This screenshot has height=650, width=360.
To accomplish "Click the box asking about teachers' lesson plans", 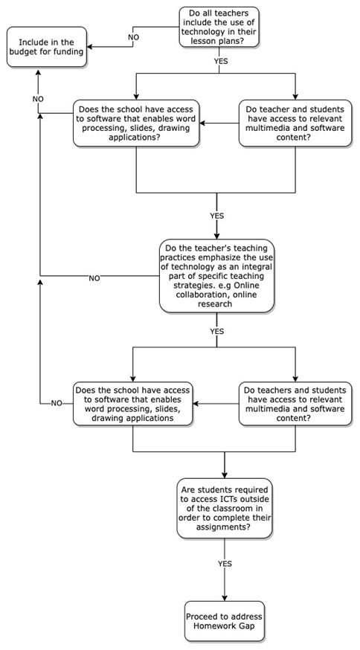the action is (x=219, y=27).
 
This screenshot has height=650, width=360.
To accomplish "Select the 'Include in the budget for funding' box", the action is (x=47, y=47).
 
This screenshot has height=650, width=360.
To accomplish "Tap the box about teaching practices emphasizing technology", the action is (x=216, y=276).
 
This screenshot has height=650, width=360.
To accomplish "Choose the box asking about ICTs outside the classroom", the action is (x=225, y=508).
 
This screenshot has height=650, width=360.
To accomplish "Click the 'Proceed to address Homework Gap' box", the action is (x=225, y=620).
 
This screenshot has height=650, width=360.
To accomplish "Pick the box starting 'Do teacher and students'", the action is (x=295, y=123).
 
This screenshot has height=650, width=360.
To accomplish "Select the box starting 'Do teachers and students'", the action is (x=295, y=403).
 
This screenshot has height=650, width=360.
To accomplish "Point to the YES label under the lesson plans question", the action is (x=221, y=60).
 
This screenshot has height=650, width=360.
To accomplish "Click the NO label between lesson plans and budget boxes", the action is (x=133, y=37).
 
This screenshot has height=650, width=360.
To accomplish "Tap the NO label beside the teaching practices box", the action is (x=94, y=278).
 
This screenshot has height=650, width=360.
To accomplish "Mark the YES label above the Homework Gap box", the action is (x=225, y=564).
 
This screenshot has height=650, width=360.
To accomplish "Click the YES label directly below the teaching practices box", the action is (x=217, y=331).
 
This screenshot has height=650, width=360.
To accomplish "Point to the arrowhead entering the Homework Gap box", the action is (x=225, y=598).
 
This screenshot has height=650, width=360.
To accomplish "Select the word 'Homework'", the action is (x=215, y=625).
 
